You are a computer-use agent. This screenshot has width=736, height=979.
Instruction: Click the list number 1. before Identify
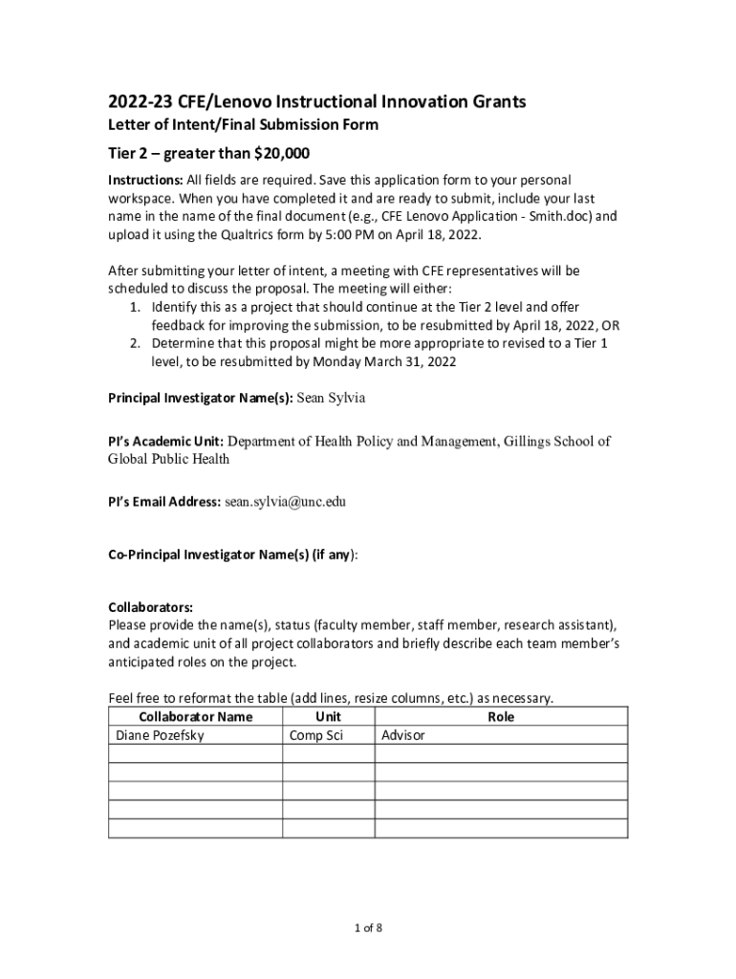[x=136, y=307]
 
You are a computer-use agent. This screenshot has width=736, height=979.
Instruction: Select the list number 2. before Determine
[x=136, y=343]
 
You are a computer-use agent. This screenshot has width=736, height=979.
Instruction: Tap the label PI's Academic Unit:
[x=165, y=442]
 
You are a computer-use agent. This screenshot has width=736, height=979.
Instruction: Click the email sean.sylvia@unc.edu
[x=285, y=501]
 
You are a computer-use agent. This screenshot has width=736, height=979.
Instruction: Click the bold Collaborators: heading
[x=151, y=607]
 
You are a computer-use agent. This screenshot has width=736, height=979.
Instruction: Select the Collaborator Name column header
[x=196, y=717]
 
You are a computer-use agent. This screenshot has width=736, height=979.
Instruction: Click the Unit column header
[x=328, y=717]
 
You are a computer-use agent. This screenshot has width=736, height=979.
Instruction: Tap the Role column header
[x=501, y=717]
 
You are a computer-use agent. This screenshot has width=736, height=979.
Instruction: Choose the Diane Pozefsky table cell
[x=160, y=736]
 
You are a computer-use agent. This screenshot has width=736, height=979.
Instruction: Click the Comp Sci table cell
[x=316, y=736]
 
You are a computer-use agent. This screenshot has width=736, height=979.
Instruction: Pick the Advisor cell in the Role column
[x=403, y=736]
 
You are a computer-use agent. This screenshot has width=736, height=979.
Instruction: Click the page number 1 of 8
[x=368, y=927]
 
